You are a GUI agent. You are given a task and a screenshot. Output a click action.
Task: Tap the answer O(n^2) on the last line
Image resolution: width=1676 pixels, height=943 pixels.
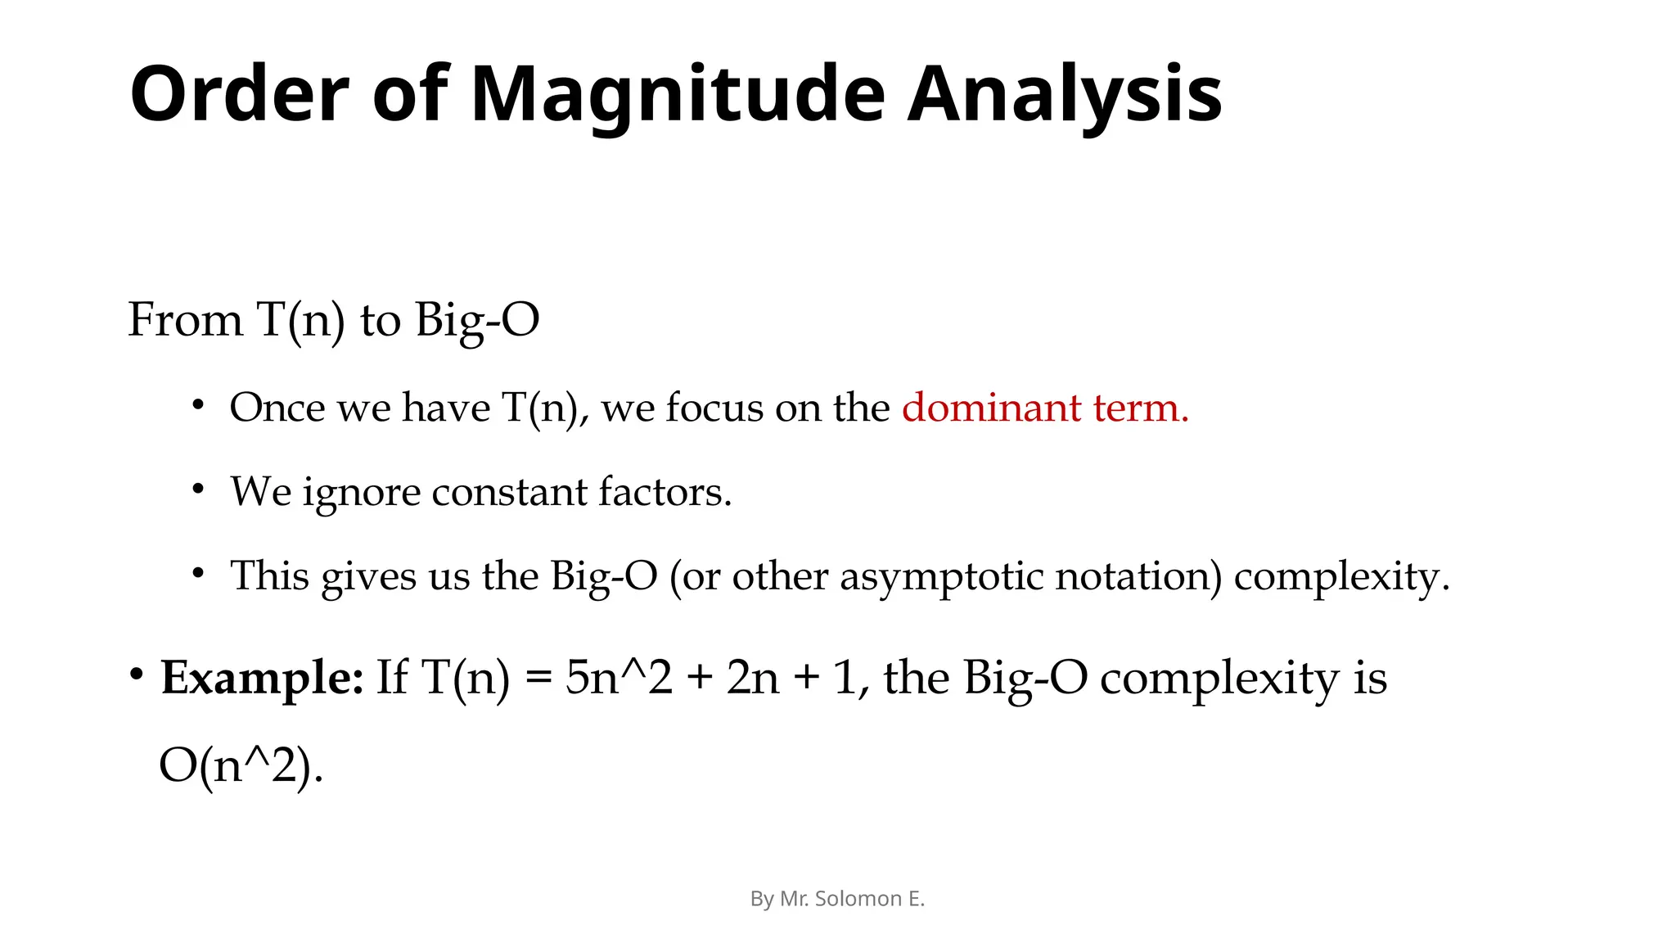tap(240, 766)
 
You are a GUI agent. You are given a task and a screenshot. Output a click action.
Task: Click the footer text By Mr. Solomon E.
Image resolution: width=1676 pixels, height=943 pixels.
tap(837, 899)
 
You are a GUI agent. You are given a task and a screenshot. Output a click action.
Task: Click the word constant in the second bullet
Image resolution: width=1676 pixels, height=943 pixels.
tap(509, 492)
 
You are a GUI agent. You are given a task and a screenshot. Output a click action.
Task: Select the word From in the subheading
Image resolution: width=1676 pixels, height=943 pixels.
tap(186, 319)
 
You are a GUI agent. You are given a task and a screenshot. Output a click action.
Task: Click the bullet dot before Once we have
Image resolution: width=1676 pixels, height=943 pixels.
tap(197, 404)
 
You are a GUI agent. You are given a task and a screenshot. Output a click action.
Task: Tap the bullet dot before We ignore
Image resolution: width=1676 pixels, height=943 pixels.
tap(197, 489)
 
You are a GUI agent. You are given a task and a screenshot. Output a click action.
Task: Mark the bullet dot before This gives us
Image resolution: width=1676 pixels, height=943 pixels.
tap(197, 573)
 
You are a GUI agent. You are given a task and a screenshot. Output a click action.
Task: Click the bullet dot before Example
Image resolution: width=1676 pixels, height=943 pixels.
tap(137, 675)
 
